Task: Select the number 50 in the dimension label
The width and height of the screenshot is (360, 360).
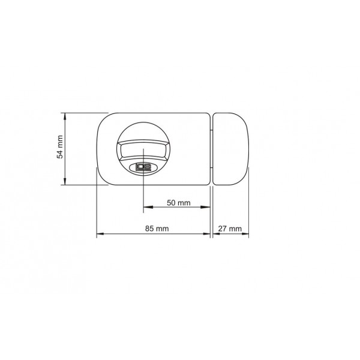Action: [172, 203]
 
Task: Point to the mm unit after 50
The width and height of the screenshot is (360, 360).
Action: [184, 203]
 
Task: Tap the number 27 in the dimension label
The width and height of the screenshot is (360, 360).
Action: [223, 229]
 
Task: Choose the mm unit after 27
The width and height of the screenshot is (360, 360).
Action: [236, 229]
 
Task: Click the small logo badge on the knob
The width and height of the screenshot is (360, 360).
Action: [143, 166]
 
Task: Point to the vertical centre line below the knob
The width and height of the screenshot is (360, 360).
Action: [143, 195]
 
